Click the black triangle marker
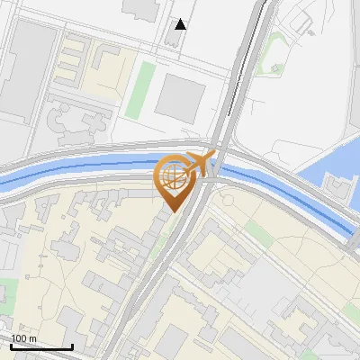coord(182,24)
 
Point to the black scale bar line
coord(40,346)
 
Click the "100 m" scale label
coord(24,338)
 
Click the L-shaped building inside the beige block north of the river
coord(109,63)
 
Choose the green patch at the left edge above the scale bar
coord(7,292)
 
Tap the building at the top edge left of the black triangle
coord(139,9)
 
